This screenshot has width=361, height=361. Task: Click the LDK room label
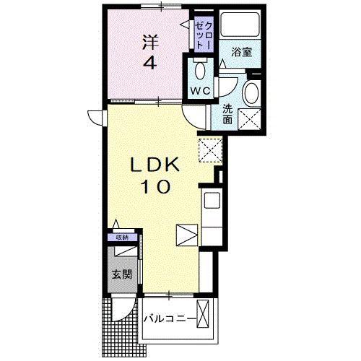tap(155, 165)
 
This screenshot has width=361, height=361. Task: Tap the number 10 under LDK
tap(157, 187)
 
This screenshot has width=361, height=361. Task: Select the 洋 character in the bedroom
tap(152, 42)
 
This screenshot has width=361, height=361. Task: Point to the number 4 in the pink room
tap(150, 63)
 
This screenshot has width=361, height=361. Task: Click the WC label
tap(201, 91)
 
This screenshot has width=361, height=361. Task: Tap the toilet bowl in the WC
tap(200, 71)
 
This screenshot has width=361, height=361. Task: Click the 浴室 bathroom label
tap(242, 52)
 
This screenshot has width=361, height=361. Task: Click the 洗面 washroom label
tap(227, 114)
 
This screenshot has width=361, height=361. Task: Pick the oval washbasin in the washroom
tap(252, 93)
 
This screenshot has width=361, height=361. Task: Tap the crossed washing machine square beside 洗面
tap(249, 119)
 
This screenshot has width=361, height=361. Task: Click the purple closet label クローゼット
tap(204, 34)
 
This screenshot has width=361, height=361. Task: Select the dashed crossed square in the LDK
tap(210, 150)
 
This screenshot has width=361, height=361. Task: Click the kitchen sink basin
tap(212, 201)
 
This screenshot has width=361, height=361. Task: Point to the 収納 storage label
tap(122, 238)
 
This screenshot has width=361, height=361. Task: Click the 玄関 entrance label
tap(122, 274)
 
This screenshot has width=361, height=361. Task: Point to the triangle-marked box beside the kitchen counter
tap(187, 235)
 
